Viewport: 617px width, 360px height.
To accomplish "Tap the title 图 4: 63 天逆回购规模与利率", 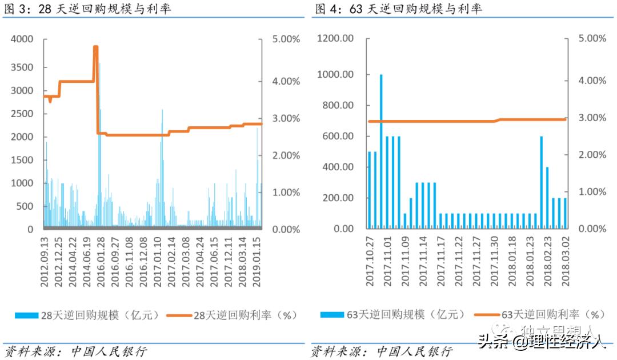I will point(398,9).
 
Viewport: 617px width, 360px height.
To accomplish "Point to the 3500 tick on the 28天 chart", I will point(22,67).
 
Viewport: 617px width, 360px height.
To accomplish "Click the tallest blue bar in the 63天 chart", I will point(381,151).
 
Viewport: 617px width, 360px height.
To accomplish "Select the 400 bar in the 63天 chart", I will point(547,198).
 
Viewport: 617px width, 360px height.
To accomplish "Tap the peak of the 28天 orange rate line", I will point(95,47).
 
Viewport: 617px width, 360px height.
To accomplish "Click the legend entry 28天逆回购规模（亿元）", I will point(86,315).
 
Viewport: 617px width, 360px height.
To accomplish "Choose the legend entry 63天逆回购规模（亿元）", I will point(388,315).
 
